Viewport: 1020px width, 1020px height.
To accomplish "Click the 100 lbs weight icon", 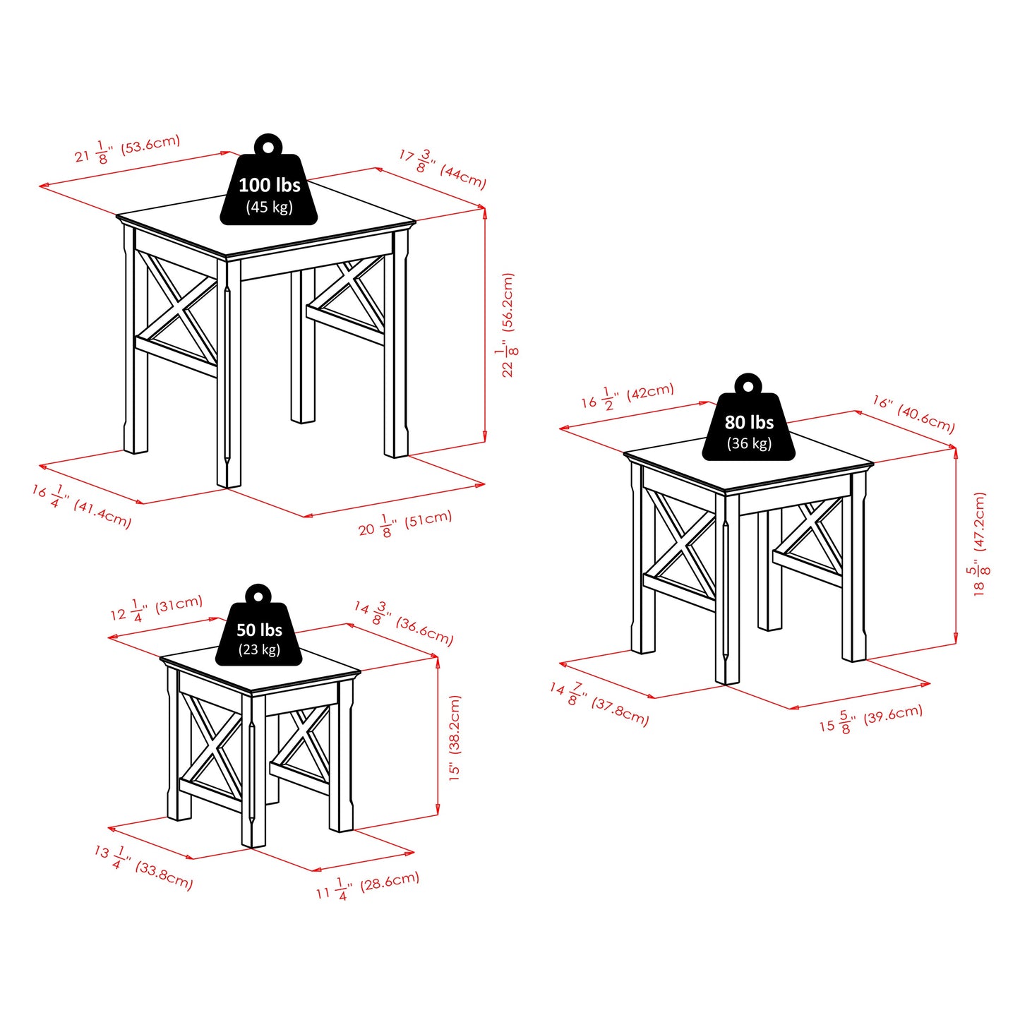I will click(269, 186).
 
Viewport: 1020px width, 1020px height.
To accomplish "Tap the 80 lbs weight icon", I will click(748, 424).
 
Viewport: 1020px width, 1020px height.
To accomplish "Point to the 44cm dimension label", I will click(443, 169).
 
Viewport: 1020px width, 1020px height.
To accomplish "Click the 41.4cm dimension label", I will click(81, 505).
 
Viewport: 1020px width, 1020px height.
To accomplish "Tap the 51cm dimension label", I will click(404, 523).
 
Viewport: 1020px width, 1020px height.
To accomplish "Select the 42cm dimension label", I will click(628, 396).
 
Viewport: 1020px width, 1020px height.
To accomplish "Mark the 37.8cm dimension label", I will click(599, 703).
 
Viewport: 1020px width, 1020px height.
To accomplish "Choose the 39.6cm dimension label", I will click(870, 719).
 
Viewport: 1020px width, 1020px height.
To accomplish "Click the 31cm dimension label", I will click(156, 608).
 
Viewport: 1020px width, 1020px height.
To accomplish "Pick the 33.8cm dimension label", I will click(143, 867).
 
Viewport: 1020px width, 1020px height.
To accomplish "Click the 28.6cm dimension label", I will click(367, 886).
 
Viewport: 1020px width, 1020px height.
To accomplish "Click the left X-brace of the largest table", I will click(176, 310).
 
